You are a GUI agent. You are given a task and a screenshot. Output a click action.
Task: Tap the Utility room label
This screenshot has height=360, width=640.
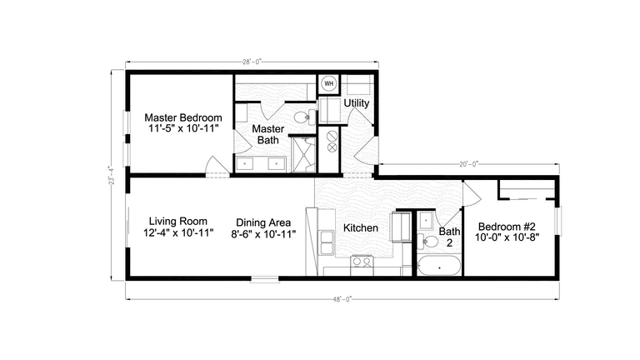[x=357, y=103]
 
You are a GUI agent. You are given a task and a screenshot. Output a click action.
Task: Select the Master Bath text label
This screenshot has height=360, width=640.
[x=268, y=134]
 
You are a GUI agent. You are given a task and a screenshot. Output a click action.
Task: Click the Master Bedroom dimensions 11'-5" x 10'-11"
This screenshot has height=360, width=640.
[x=184, y=129]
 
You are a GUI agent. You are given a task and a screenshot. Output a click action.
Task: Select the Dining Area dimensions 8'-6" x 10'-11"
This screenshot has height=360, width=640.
[x=263, y=234]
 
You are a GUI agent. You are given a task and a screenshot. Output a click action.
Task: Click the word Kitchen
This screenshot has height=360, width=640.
[x=361, y=227]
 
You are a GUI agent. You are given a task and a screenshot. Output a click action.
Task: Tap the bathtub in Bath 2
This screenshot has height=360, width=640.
[x=437, y=267]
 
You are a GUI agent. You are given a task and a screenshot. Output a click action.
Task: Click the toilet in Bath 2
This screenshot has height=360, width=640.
[x=429, y=242]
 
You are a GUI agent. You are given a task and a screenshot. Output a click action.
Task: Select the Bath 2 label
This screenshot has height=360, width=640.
[x=450, y=237]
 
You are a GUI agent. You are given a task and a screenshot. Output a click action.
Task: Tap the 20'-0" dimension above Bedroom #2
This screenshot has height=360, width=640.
[x=469, y=164]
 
